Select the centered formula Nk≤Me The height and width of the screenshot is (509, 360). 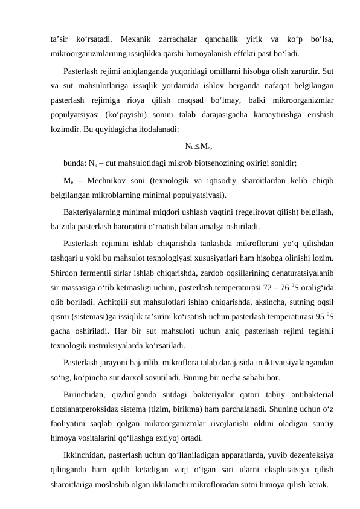(198, 146)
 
